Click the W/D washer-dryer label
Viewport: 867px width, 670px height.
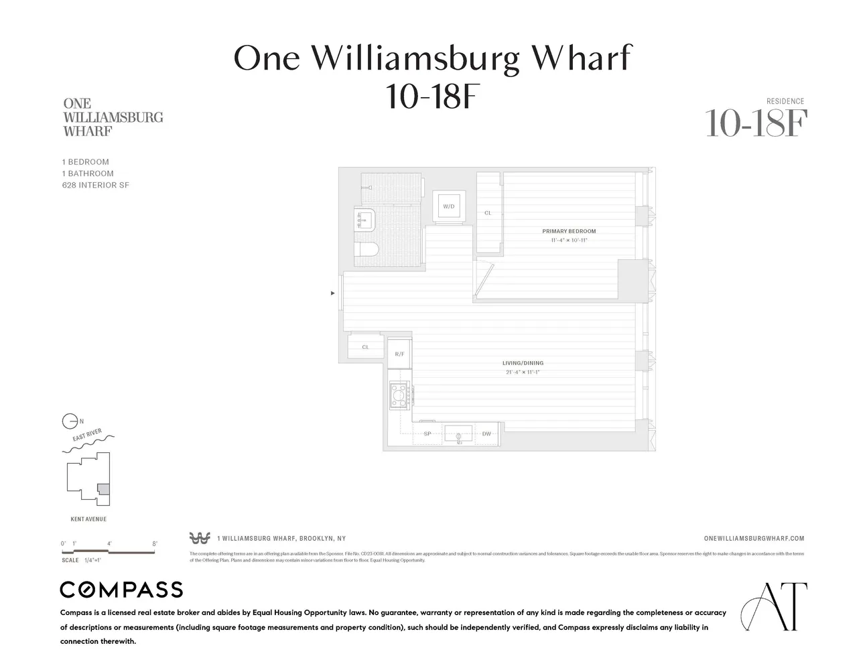[449, 206]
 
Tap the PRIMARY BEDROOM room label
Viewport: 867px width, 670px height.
[569, 231]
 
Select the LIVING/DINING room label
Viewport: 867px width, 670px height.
[523, 363]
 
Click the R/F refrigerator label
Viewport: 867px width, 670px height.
[399, 354]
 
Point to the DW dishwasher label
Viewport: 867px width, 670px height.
[486, 434]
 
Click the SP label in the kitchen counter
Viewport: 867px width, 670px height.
[427, 434]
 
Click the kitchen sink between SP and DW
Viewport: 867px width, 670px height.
[458, 433]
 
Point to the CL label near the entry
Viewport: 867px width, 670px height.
[365, 347]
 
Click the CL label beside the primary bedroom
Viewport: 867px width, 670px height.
[488, 213]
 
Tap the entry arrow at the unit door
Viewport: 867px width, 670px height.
[333, 293]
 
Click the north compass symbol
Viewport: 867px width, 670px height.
[69, 421]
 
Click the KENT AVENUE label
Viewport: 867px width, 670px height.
[88, 519]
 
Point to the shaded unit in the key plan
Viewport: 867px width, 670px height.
[103, 489]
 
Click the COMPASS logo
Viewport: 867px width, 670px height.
[121, 590]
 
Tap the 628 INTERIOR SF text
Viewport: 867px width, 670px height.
[95, 185]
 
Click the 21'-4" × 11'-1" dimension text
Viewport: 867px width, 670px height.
[523, 372]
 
